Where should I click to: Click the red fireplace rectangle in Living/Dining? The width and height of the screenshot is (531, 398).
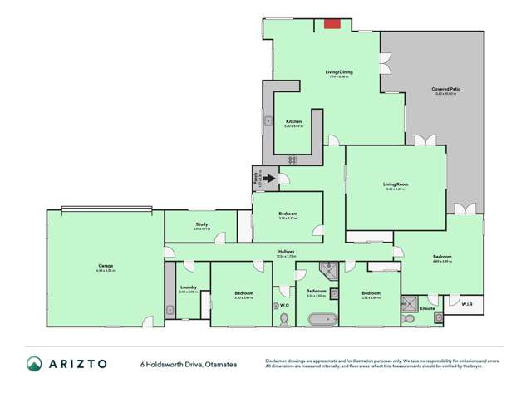pos(332,24)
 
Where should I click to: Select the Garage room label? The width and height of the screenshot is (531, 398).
pos(106,267)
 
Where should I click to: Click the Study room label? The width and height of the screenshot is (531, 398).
pos(201,224)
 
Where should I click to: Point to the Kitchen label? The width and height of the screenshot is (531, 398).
pos(293,121)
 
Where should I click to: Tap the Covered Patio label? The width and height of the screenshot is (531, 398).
pos(446,89)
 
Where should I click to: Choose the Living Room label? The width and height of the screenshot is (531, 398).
pos(395,184)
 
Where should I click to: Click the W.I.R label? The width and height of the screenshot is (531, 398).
pos(466,305)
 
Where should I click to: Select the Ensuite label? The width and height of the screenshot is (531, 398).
pos(427,308)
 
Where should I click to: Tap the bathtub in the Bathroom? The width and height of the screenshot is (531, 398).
pos(321,318)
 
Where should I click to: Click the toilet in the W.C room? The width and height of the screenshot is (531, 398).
pos(277,307)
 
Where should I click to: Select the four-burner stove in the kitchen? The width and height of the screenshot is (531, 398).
pos(292,159)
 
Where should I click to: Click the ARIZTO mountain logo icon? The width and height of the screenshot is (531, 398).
pos(34,364)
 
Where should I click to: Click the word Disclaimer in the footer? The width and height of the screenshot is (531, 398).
pos(278,361)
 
